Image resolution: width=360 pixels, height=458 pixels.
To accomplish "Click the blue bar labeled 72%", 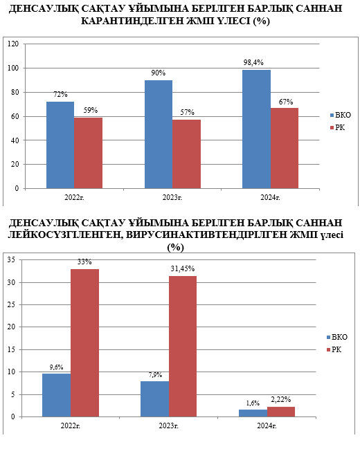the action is click(60, 145).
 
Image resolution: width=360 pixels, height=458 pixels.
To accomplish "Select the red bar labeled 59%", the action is click(88, 153).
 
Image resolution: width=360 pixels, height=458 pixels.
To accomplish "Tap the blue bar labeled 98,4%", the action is click(256, 129).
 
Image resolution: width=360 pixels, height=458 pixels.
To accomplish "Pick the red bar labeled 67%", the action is click(285, 148).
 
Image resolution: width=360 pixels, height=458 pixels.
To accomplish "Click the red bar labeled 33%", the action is click(84, 343).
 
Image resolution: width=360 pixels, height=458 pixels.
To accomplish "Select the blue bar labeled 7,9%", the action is click(154, 399).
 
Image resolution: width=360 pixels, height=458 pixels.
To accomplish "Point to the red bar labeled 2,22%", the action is click(281, 412).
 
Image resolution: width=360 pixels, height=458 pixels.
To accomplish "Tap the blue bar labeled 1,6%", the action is click(253, 413).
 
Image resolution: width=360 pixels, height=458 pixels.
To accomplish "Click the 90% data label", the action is click(158, 73).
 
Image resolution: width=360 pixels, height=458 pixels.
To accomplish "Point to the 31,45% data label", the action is click(183, 268).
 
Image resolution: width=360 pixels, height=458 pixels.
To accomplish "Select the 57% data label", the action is click(187, 112).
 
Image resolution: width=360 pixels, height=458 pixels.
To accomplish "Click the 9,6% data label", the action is click(56, 367).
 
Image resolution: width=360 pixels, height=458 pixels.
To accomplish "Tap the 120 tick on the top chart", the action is click(13, 44).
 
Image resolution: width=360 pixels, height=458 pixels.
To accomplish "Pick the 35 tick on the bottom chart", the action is click(11, 259).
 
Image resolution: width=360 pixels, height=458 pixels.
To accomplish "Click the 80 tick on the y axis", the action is click(15, 92).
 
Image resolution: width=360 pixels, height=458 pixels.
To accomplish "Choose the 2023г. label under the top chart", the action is click(172, 197).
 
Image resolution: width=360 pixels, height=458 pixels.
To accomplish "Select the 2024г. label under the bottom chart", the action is click(267, 425).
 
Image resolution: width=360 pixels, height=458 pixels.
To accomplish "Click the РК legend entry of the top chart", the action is click(338, 127).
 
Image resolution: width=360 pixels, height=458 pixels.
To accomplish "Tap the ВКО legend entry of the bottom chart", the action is click(337, 337).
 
